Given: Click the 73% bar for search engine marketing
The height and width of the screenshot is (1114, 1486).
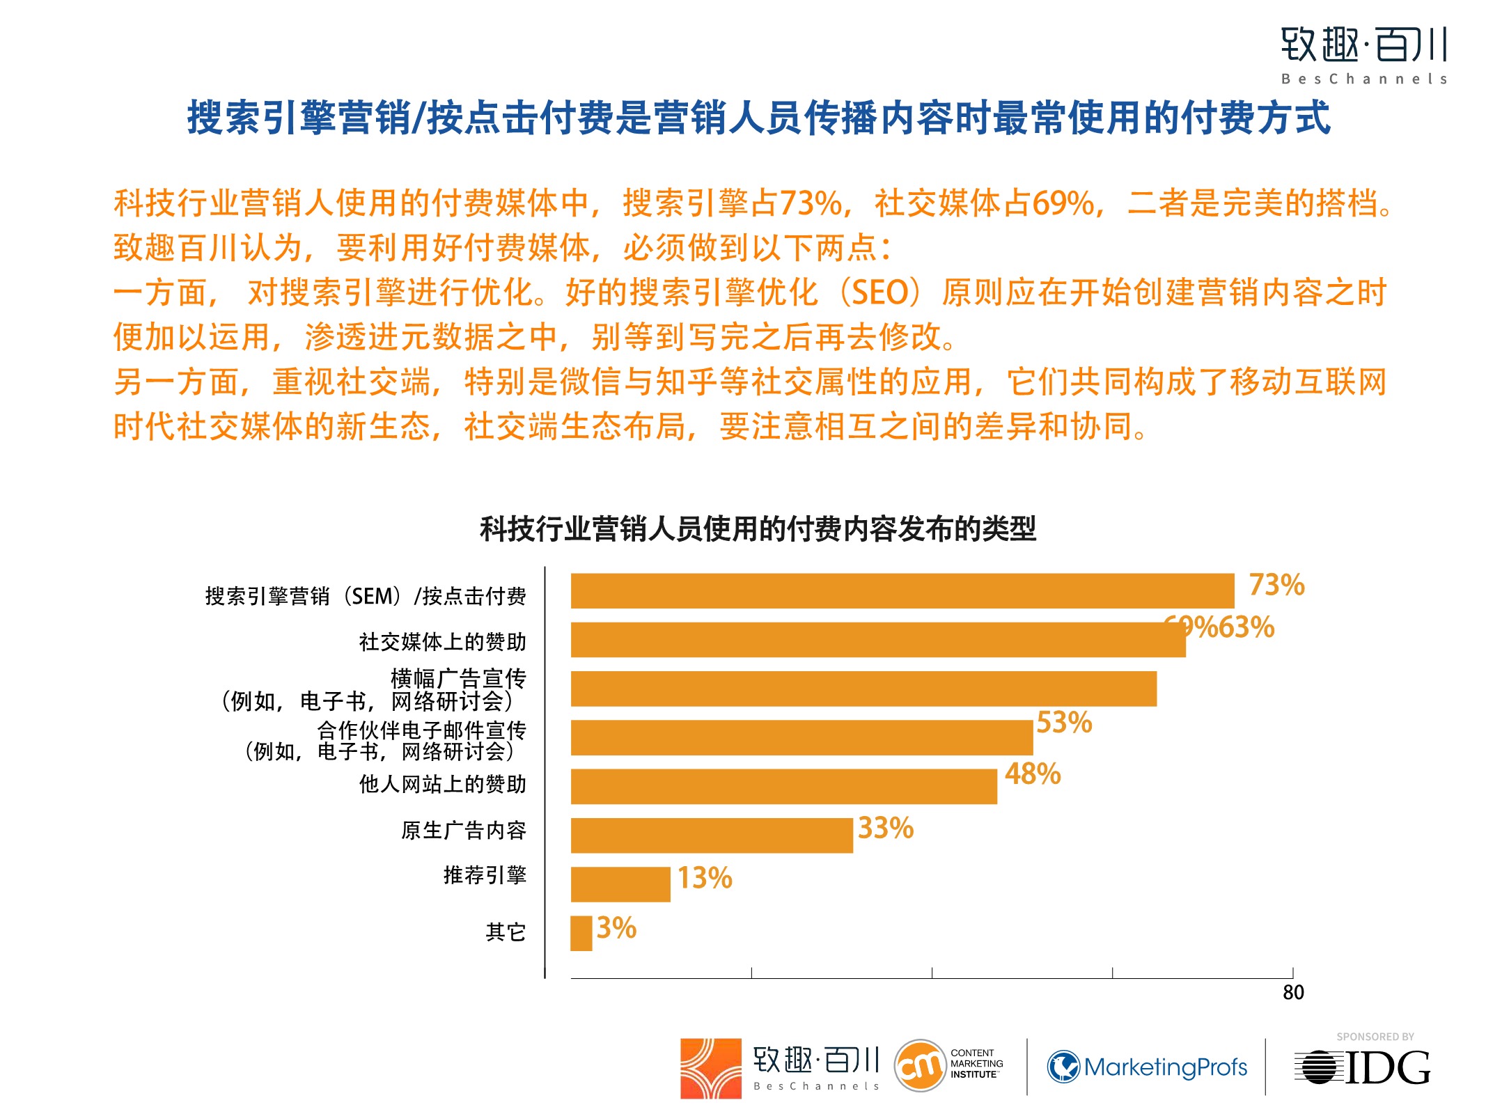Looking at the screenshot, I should (902, 591).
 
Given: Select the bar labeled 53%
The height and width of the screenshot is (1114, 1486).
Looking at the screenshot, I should (801, 737).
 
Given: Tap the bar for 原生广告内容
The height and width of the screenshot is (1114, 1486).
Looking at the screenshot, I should (711, 835).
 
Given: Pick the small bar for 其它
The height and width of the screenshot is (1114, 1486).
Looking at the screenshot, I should (581, 933).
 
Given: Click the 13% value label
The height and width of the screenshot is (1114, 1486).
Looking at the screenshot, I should (705, 878).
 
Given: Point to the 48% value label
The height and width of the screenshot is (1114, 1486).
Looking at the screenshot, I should (1033, 774).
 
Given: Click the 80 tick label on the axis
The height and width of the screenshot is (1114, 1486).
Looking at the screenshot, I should (1293, 992).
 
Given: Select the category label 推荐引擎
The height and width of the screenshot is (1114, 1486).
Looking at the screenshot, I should (485, 875).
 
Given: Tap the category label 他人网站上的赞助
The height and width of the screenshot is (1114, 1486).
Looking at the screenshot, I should (442, 785).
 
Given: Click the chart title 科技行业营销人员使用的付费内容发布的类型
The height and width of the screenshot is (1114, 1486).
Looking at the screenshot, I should (758, 529).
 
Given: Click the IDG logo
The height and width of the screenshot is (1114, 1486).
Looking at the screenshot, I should (1363, 1067).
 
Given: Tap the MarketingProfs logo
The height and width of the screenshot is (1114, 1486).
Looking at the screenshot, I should (1147, 1067).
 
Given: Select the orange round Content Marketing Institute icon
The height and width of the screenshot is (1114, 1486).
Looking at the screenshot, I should (919, 1065).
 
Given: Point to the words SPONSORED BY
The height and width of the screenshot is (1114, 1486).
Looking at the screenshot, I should (1375, 1037).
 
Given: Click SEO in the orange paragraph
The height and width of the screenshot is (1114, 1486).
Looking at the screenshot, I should (880, 292).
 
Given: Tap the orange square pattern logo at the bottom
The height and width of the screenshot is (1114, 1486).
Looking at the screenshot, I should (710, 1069).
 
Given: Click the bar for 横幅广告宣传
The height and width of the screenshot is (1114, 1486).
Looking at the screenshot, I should (863, 689).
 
